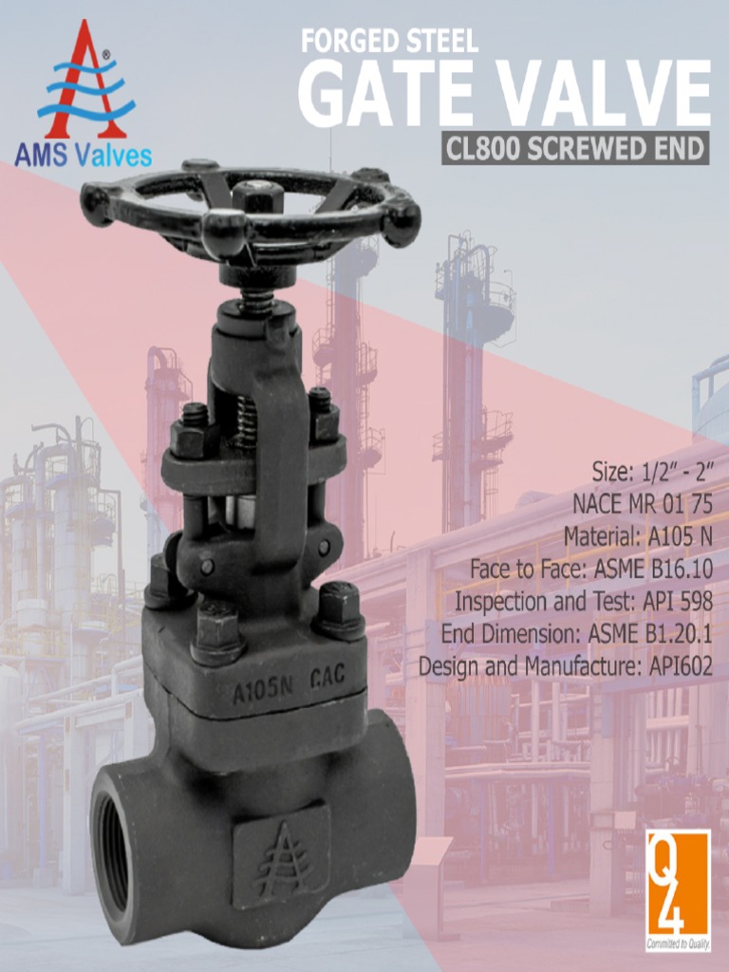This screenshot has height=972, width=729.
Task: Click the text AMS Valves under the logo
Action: tap(83, 155)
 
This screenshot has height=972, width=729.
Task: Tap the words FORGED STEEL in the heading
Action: tap(389, 41)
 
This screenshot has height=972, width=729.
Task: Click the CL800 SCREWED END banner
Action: tap(575, 149)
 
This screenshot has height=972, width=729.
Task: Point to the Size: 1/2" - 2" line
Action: tap(652, 471)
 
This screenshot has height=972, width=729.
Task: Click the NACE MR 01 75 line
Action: tap(642, 503)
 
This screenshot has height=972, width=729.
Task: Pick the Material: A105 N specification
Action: tap(638, 536)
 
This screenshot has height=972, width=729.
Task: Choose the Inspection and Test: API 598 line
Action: tap(583, 602)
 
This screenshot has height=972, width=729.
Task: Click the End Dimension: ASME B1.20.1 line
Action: tap(576, 633)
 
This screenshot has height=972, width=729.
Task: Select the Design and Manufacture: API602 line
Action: tap(566, 665)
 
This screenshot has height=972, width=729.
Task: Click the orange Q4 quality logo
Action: tap(678, 884)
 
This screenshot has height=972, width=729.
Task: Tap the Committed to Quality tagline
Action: tap(678, 944)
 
